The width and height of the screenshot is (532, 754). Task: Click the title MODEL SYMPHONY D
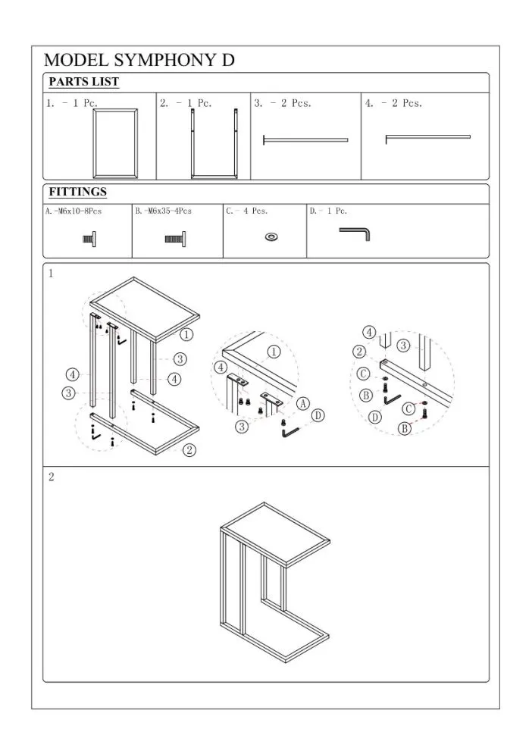(139, 60)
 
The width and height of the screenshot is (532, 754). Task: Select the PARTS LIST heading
(83, 82)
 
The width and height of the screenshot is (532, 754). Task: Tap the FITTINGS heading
(77, 192)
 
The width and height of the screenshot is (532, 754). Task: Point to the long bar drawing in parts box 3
(305, 140)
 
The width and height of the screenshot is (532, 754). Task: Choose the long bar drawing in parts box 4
(427, 137)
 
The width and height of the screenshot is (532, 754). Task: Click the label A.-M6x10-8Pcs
(74, 211)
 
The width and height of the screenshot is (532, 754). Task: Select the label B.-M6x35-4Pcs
(164, 211)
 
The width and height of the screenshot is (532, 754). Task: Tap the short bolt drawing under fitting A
(89, 239)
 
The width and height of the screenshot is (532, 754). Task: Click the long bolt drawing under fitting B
(176, 239)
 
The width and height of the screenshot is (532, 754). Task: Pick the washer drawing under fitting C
(272, 236)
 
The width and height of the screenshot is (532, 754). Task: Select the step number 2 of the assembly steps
(52, 477)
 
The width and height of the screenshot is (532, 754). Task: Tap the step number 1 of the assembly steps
(51, 273)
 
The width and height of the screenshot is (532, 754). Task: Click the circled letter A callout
(303, 403)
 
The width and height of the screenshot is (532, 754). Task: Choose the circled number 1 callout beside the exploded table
(186, 334)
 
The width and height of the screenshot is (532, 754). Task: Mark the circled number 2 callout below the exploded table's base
(190, 450)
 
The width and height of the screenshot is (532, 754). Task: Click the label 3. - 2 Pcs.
(283, 103)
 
